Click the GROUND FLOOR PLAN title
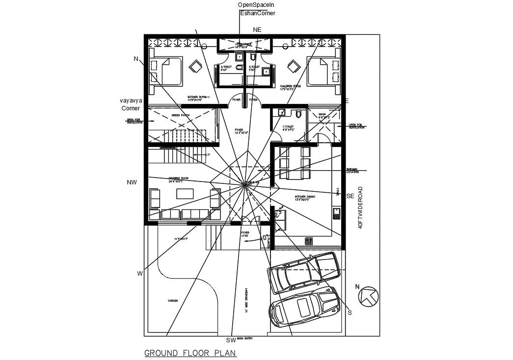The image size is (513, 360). coord(190,353)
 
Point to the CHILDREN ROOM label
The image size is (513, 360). coord(290,87)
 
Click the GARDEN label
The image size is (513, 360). coord(172,301)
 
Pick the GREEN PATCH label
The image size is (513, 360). coord(181,115)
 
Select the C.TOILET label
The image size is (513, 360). coord(288,128)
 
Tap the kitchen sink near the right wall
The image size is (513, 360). coord(336,213)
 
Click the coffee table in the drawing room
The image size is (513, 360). coord(185,194)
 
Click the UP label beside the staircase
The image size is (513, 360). coord(208,154)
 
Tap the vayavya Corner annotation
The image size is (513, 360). coord(131,104)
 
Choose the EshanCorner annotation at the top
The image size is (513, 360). coord(257,13)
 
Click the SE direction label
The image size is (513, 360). coord(351,196)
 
